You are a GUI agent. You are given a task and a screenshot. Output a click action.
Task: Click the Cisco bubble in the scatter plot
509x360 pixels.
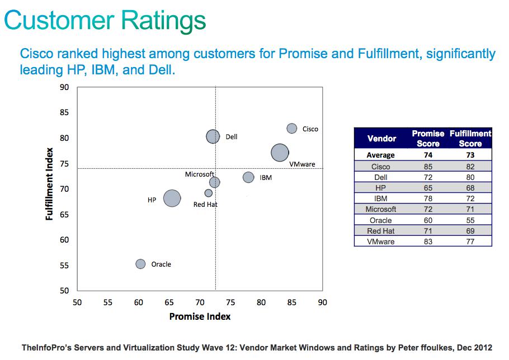292,129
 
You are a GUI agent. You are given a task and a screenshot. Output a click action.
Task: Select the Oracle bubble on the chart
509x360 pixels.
140,264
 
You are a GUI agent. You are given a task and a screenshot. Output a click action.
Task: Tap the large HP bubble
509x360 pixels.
172,198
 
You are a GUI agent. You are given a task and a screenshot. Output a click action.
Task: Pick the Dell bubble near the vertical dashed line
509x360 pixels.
213,136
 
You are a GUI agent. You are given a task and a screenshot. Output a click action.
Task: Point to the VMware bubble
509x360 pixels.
280,152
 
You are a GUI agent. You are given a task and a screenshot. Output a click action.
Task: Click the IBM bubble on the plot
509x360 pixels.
248,177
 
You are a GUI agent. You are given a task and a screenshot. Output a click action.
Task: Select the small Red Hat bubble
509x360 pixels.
209,193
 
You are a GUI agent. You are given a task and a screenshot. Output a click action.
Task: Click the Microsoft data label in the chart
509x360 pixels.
200,174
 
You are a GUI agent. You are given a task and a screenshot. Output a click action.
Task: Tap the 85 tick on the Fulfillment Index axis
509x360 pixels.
64,112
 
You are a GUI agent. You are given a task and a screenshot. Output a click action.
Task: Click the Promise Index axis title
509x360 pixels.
200,316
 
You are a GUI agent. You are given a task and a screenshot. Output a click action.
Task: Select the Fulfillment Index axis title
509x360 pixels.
50,184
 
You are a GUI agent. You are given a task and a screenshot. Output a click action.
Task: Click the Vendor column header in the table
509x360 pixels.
381,138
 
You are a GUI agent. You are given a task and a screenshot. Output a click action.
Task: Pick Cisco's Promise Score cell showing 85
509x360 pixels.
428,167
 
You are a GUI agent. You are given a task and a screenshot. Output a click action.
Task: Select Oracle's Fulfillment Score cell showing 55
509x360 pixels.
470,220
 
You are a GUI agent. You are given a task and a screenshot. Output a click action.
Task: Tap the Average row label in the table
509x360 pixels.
380,155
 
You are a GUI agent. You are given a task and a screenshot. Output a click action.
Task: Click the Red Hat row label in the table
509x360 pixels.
381,231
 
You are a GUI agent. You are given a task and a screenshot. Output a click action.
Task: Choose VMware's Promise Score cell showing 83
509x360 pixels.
428,241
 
